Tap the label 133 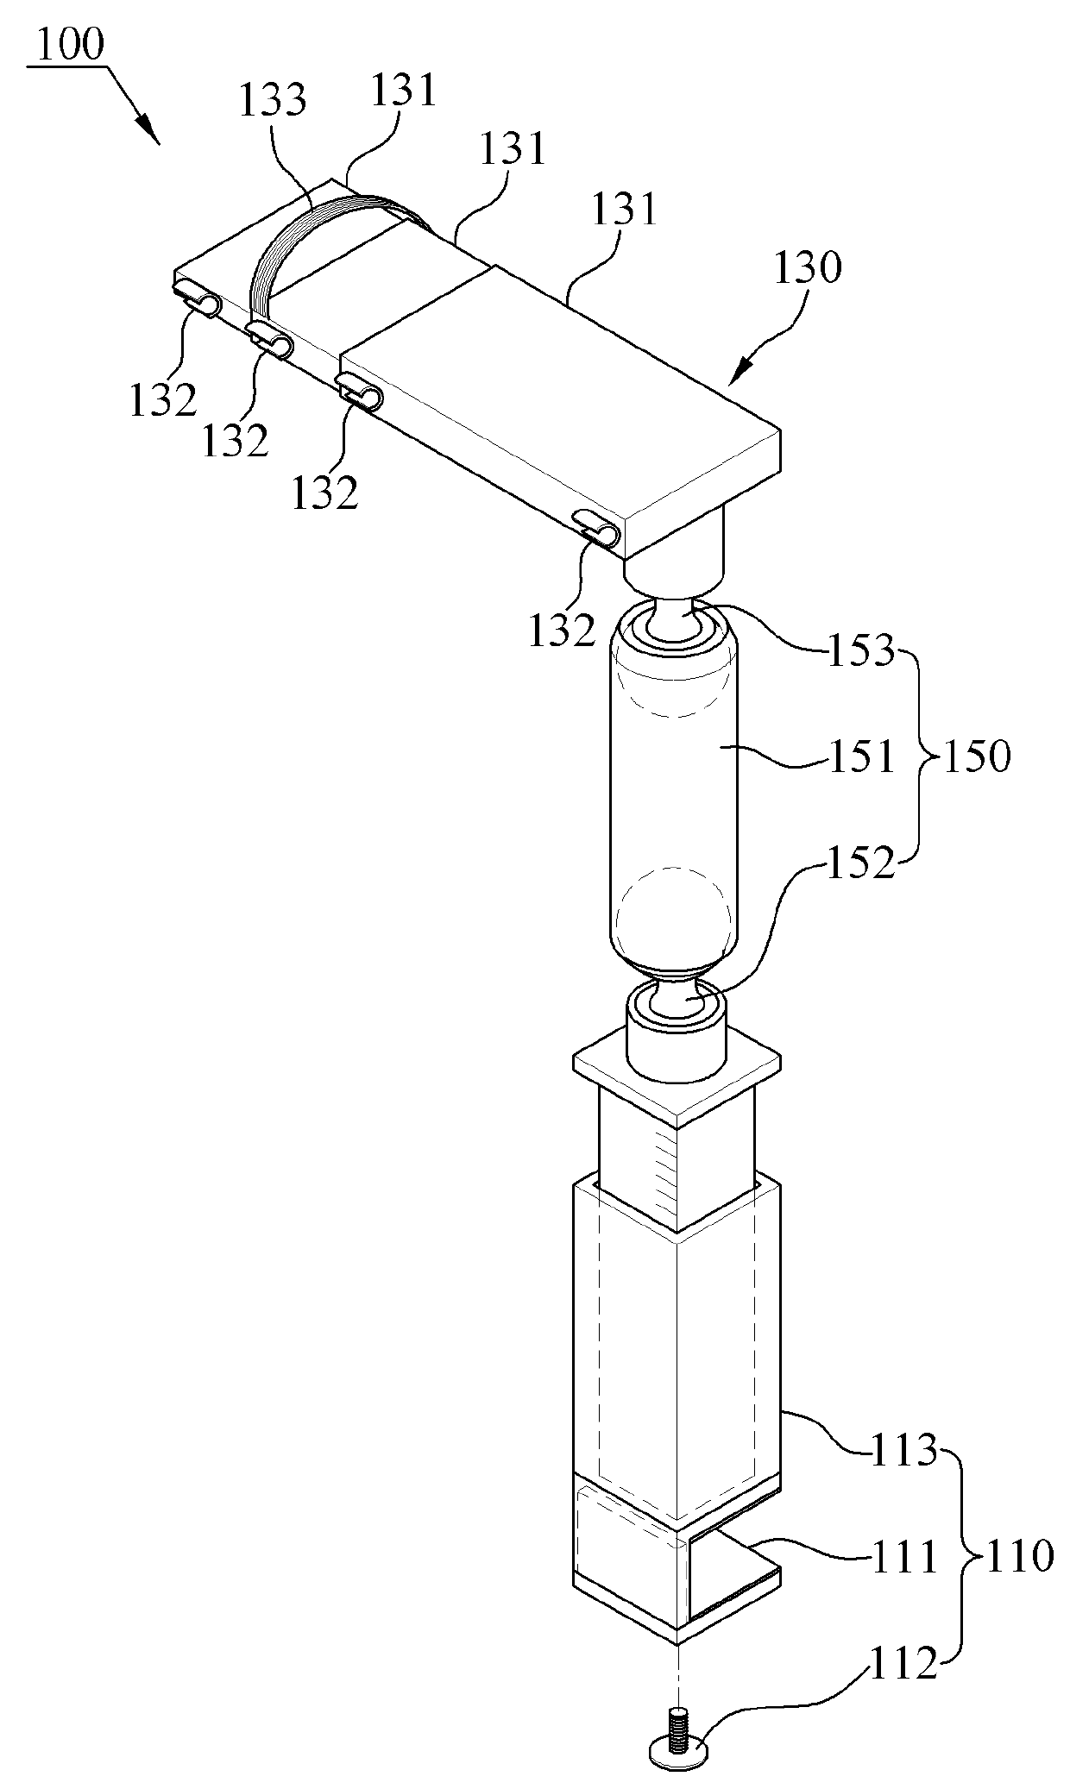point(273,102)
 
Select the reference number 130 point(807,269)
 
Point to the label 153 point(861,652)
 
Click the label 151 point(861,758)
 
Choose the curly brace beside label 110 point(961,1557)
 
